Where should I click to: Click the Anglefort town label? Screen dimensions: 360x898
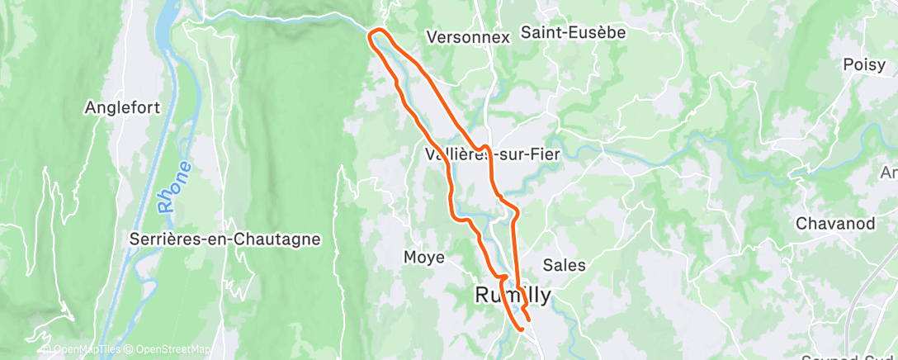(122, 108)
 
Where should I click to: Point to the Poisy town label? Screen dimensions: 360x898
(864, 64)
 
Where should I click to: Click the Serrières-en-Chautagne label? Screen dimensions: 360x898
(225, 239)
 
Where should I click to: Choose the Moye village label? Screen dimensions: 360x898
(424, 258)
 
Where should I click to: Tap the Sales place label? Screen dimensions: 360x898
(565, 265)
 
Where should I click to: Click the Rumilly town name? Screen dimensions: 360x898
(513, 294)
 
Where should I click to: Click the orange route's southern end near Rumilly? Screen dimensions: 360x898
(522, 328)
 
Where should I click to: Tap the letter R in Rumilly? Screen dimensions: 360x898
(484, 295)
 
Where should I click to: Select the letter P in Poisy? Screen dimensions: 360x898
(848, 64)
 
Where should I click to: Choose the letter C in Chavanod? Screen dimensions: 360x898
(801, 224)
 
